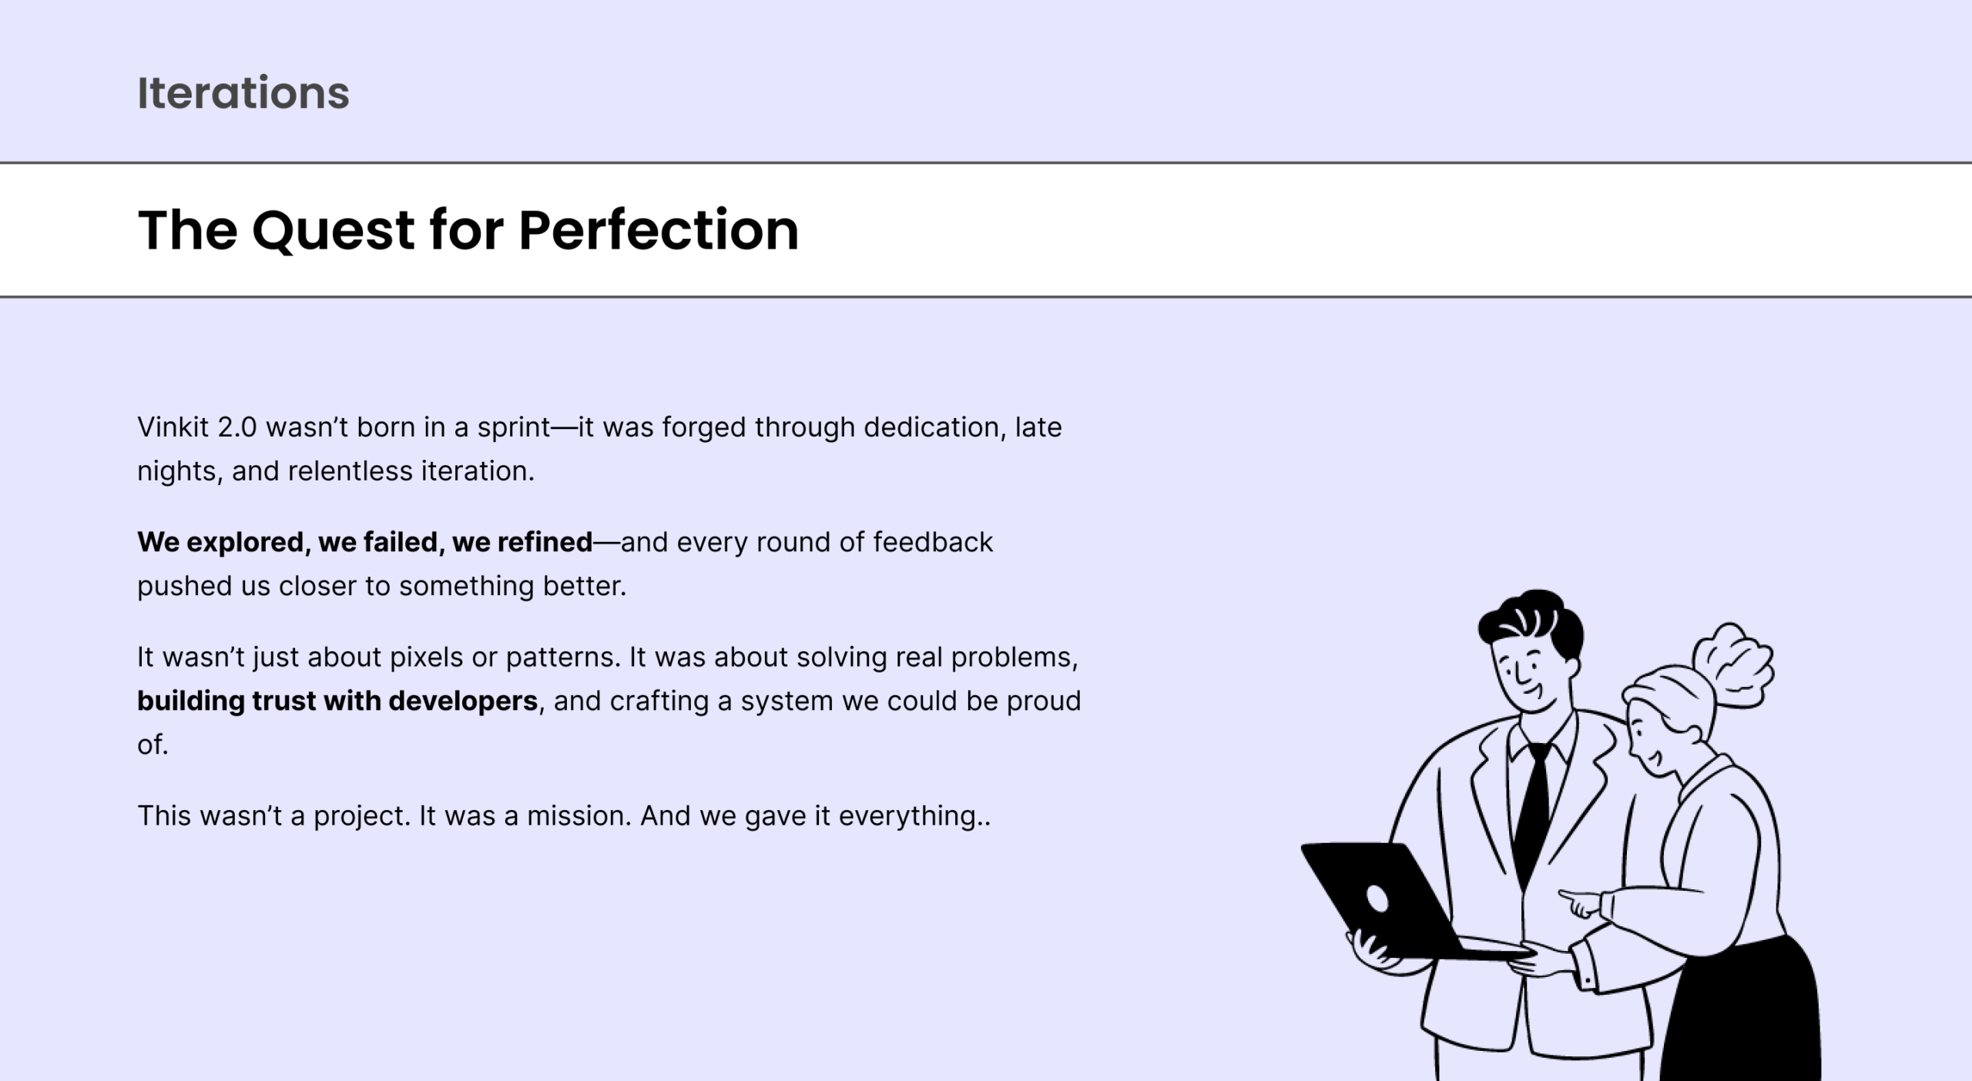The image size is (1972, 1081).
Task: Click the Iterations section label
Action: coord(243,93)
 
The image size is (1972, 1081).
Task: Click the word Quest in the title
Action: coord(334,231)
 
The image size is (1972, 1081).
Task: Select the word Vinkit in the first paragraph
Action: coord(173,427)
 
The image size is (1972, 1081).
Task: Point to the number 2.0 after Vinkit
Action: coord(237,427)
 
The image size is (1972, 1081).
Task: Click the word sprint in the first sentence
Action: coord(514,428)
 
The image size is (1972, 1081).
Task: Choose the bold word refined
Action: coord(545,542)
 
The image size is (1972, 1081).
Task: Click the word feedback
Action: coord(933,542)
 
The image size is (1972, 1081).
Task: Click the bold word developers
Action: coord(463,701)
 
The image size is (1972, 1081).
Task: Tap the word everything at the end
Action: coord(907,817)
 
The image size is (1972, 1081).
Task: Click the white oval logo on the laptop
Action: coord(1377,899)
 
